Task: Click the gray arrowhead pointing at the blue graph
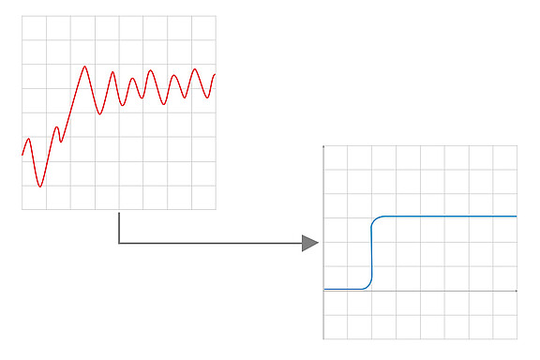309,244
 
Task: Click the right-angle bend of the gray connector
119,244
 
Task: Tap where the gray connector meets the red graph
119,211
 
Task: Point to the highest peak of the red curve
84,67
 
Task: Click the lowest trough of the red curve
39,187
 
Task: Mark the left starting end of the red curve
22,155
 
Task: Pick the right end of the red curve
215,74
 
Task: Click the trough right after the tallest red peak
100,114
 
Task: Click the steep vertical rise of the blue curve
372,253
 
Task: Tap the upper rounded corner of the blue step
377,218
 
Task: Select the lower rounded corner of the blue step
367,286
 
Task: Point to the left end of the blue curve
324,289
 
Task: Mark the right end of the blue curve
517,217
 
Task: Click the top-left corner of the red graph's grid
22,16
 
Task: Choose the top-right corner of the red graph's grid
216,16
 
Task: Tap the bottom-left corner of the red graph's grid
22,209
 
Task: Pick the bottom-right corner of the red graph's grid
216,209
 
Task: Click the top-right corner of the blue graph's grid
517,145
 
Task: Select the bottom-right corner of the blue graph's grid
517,339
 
